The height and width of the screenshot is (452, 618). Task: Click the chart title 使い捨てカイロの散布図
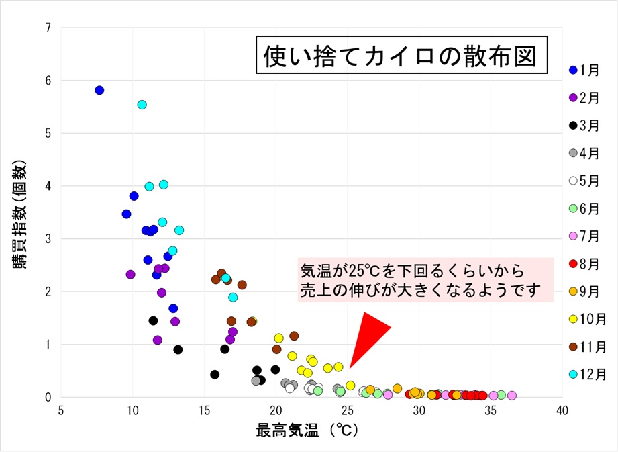pos(400,56)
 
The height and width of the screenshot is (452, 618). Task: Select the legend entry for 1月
pos(584,69)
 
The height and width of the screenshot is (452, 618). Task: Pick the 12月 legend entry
pos(584,374)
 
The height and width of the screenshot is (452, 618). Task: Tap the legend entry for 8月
pos(584,263)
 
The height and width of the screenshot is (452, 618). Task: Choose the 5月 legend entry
pos(584,180)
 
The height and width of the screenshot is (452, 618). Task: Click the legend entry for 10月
pos(584,319)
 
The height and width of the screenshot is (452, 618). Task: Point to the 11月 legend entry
pos(584,347)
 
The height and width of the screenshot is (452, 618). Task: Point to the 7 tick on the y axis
pos(49,28)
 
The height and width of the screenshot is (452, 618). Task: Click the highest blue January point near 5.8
pos(99,90)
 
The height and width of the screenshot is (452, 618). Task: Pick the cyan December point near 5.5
pos(142,105)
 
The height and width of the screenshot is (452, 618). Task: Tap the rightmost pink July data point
pos(512,396)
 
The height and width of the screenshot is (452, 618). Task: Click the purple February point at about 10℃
pos(130,274)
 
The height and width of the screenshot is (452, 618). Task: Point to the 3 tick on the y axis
pos(49,238)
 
